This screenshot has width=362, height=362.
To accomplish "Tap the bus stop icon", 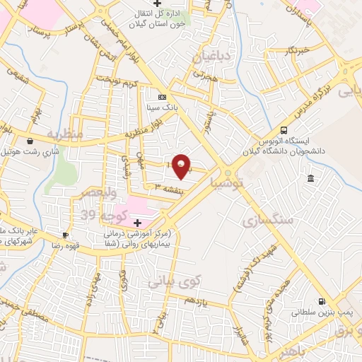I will pyautogui.click(x=284, y=131).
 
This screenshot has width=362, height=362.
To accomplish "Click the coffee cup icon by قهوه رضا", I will pyautogui.click(x=66, y=235).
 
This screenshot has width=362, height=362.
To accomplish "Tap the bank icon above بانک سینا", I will pyautogui.click(x=163, y=97).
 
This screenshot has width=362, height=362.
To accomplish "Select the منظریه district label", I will pyautogui.click(x=65, y=134).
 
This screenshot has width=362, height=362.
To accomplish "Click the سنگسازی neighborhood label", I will pyautogui.click(x=268, y=220).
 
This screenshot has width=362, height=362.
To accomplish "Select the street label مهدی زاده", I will pyautogui.click(x=93, y=290).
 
